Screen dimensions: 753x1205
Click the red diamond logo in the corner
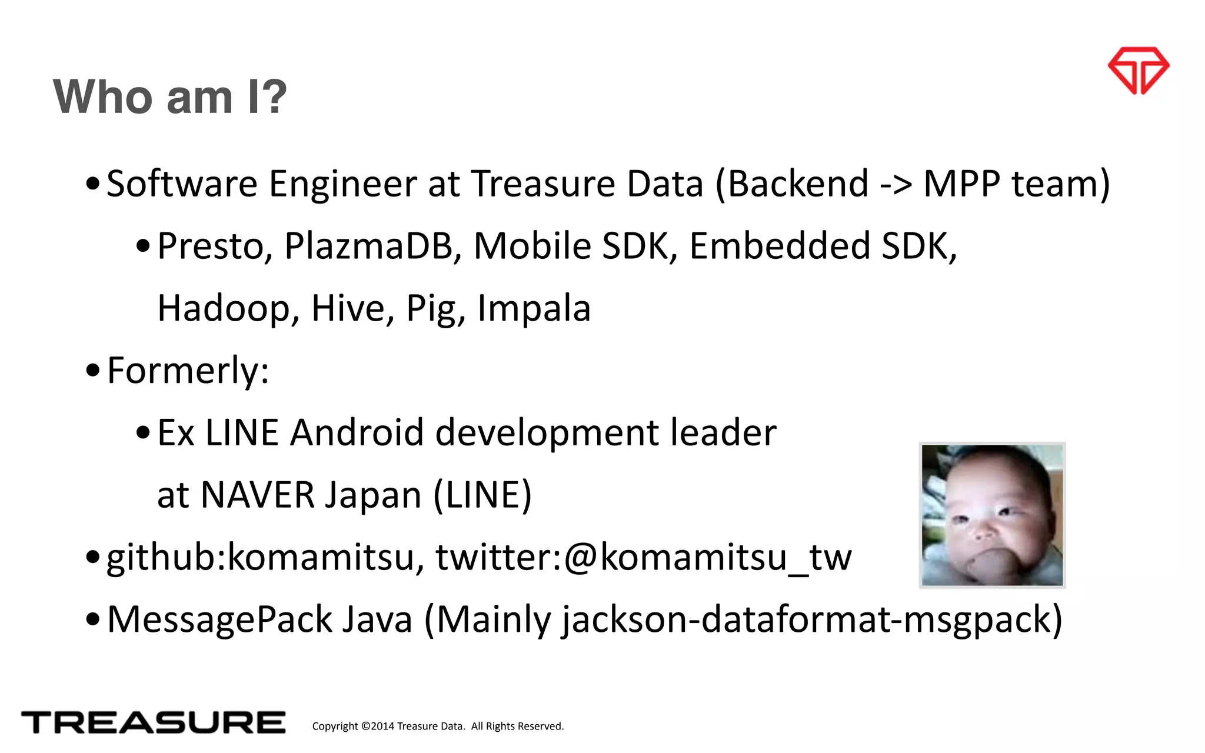click(1139, 71)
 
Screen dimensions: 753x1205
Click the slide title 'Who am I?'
click(169, 96)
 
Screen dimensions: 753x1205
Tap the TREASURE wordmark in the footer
click(153, 722)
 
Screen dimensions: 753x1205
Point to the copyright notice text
click(438, 726)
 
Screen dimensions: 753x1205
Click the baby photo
click(992, 515)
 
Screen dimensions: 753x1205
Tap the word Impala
click(534, 308)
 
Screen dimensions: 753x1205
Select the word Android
click(357, 433)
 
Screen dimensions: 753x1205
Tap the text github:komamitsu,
click(265, 558)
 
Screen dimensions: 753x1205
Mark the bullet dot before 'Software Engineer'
click(92, 184)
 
